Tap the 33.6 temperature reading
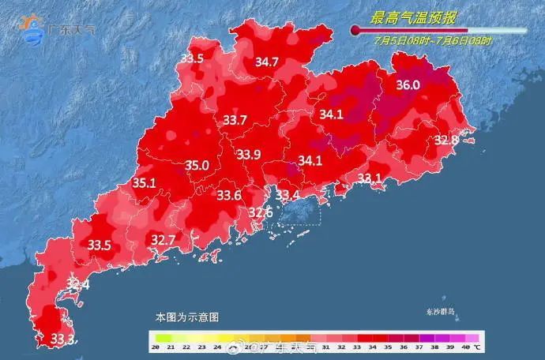[229, 195]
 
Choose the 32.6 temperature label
[261, 212]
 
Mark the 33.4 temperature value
[286, 195]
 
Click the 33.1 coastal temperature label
[370, 178]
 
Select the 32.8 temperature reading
[446, 140]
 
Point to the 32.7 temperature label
[163, 239]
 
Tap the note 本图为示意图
[186, 317]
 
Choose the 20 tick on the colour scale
[157, 347]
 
